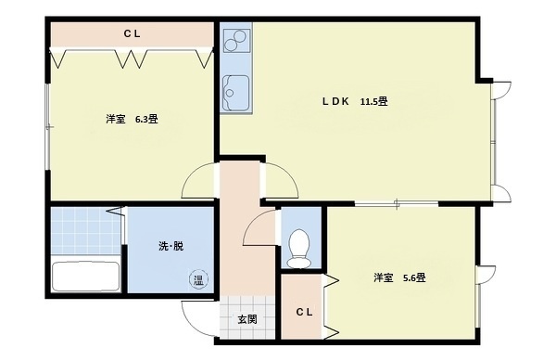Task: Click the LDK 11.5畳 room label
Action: point(353,101)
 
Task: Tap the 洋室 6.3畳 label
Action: point(131,119)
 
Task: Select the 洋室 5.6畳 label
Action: point(398,277)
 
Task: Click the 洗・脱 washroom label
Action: point(171,246)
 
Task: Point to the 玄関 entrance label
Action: point(246,319)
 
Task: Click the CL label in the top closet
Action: point(133,34)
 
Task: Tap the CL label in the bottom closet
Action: point(304,312)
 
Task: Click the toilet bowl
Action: point(299,248)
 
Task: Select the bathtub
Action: point(84,277)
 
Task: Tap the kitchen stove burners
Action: point(235,41)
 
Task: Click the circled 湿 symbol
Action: point(198,279)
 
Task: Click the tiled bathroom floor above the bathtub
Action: point(83,232)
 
